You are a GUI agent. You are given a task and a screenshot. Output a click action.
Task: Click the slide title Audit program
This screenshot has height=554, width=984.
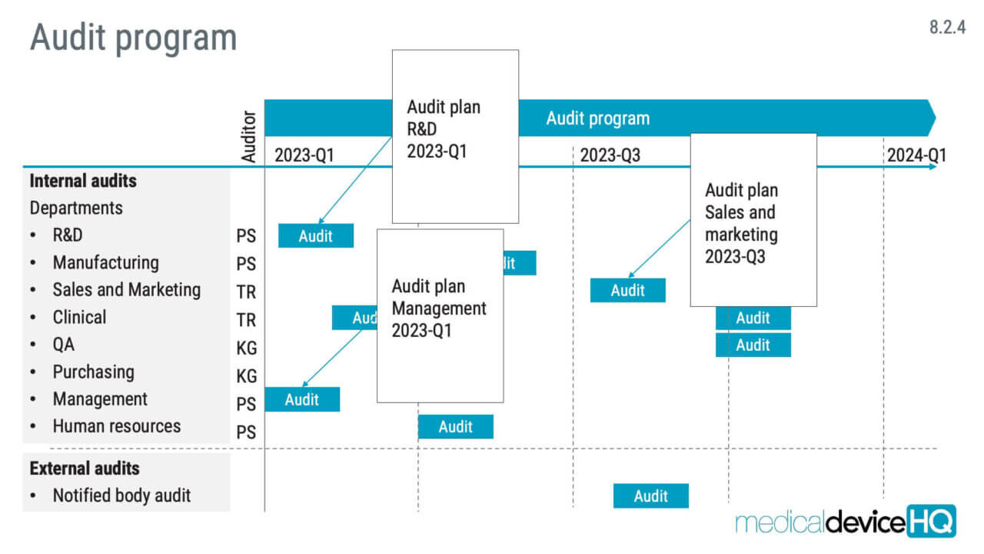(x=133, y=38)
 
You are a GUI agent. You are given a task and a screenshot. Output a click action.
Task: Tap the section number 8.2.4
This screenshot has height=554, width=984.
(x=946, y=28)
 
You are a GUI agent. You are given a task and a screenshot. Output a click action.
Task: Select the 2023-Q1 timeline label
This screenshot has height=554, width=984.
(x=304, y=155)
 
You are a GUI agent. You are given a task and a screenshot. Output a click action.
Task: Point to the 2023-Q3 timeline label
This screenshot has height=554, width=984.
(x=610, y=155)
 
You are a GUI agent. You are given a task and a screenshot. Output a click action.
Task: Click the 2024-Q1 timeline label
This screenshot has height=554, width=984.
(x=916, y=155)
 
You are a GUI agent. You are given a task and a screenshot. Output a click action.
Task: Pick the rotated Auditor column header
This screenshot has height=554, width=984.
(x=248, y=136)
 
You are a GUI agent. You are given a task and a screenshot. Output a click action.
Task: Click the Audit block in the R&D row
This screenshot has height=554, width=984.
(x=315, y=235)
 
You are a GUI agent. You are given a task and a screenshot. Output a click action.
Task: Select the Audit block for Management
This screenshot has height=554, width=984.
(x=301, y=399)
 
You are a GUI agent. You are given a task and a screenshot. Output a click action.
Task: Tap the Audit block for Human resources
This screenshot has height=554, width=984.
(x=455, y=426)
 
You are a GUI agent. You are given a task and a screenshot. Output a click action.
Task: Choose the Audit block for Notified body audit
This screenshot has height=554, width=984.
(x=650, y=496)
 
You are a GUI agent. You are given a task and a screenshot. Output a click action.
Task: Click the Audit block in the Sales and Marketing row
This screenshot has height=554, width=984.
(x=627, y=290)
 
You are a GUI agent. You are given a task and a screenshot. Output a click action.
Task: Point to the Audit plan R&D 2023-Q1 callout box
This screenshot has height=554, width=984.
(x=455, y=136)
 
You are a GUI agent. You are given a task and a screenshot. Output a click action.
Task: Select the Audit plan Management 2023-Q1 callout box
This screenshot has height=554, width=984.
(x=440, y=315)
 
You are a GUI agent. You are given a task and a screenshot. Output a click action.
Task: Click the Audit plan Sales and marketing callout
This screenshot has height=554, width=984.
(x=753, y=220)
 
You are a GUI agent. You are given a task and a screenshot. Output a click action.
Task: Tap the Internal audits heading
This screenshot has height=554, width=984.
(x=83, y=181)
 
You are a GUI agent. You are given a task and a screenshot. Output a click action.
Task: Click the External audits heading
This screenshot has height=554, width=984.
(x=85, y=468)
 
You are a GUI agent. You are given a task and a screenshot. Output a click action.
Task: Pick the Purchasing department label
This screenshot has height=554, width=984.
(x=93, y=372)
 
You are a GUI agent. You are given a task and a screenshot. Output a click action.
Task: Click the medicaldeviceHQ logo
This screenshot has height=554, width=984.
(x=845, y=522)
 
